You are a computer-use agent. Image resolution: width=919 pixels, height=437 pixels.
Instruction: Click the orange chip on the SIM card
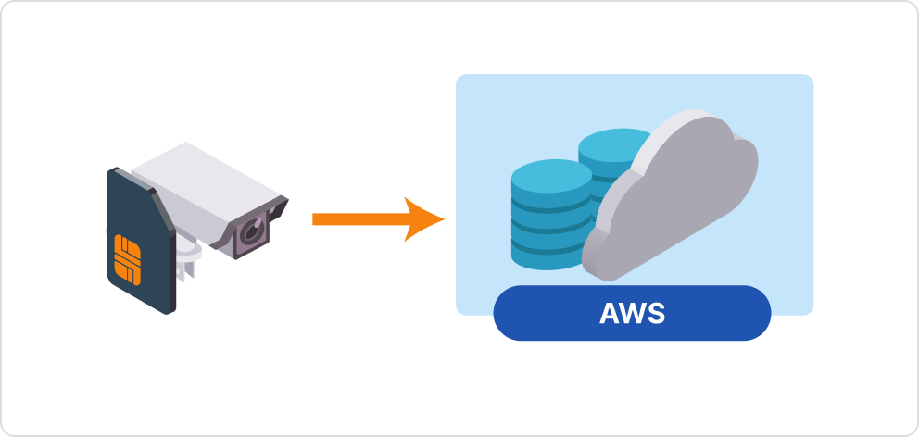click(x=127, y=259)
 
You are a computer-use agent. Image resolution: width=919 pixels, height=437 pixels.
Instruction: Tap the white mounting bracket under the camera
click(x=190, y=258)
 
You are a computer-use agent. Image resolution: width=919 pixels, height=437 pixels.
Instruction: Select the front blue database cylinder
click(x=551, y=218)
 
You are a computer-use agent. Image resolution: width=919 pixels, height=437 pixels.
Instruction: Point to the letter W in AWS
click(x=633, y=314)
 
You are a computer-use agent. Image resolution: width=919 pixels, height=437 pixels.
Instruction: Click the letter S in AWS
click(x=656, y=314)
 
